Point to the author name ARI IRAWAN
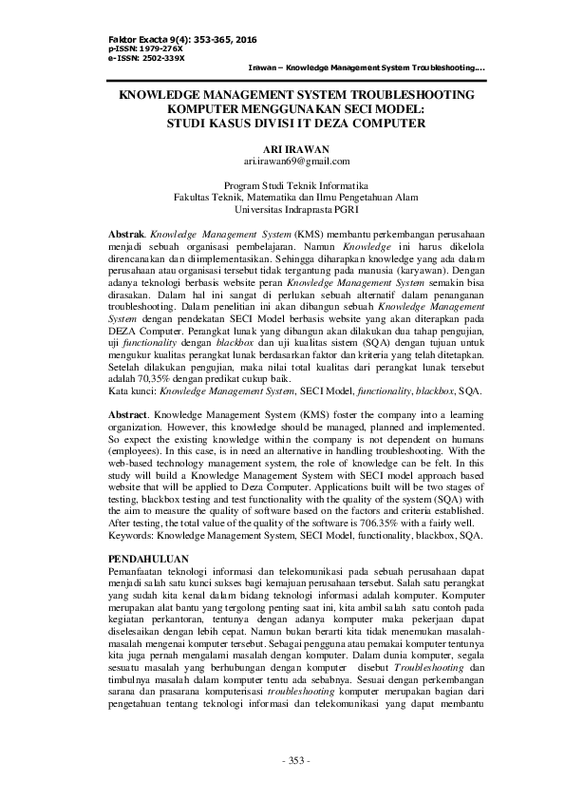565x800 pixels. [282, 149]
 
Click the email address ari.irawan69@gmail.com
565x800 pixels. [282, 162]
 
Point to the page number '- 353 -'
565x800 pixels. [282, 763]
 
